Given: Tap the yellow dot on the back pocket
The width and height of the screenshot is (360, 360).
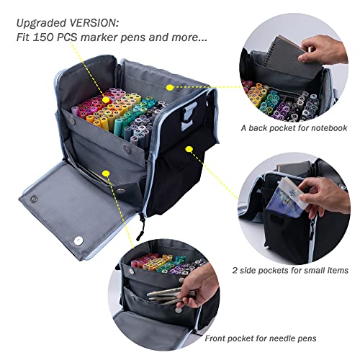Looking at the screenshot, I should point(169,86).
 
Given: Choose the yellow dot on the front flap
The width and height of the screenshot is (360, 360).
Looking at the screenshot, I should point(105,173).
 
